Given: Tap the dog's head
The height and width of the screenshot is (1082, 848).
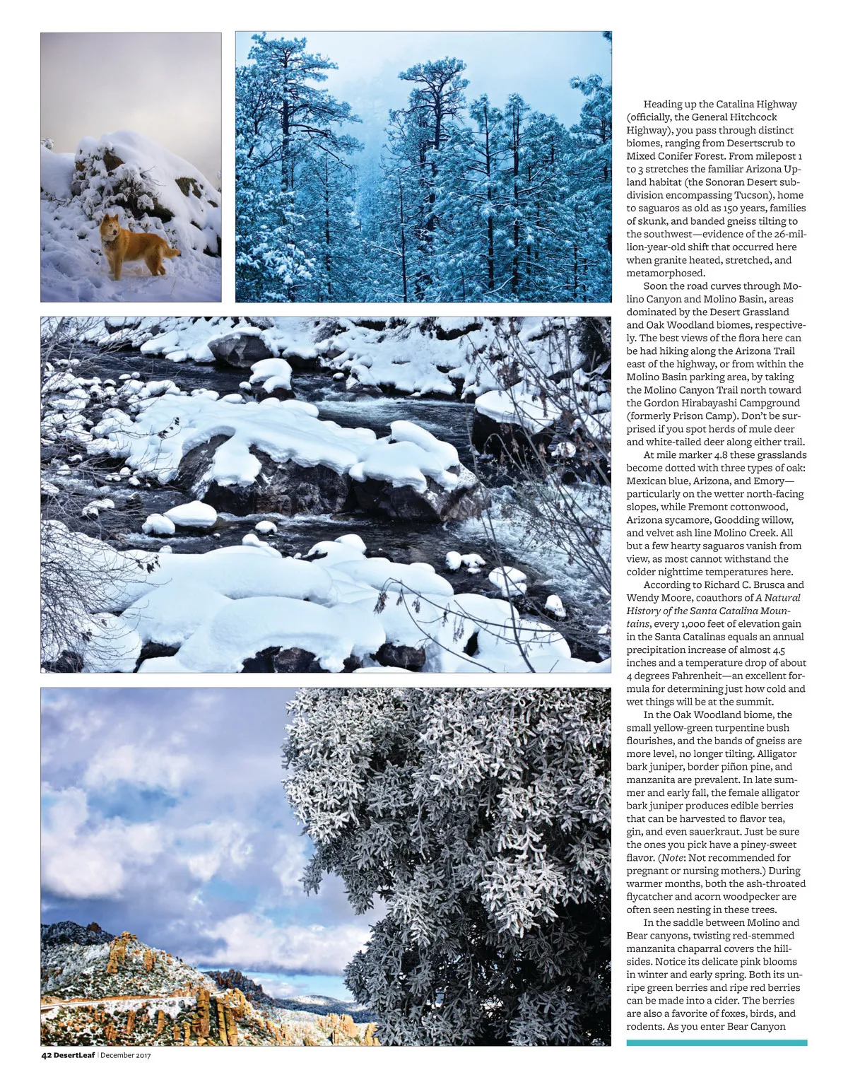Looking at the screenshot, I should point(111,228).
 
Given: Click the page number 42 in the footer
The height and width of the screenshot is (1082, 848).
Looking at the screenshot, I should point(46,1055).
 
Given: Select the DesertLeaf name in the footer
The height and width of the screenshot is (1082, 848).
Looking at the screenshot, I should point(74,1055).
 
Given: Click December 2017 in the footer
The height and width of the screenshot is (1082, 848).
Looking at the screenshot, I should point(126,1055).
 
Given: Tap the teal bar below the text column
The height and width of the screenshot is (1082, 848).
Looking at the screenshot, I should point(717,1042).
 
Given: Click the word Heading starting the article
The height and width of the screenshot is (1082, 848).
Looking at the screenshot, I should point(664,105).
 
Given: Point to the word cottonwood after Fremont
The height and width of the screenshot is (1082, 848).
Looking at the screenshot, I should point(761,507).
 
